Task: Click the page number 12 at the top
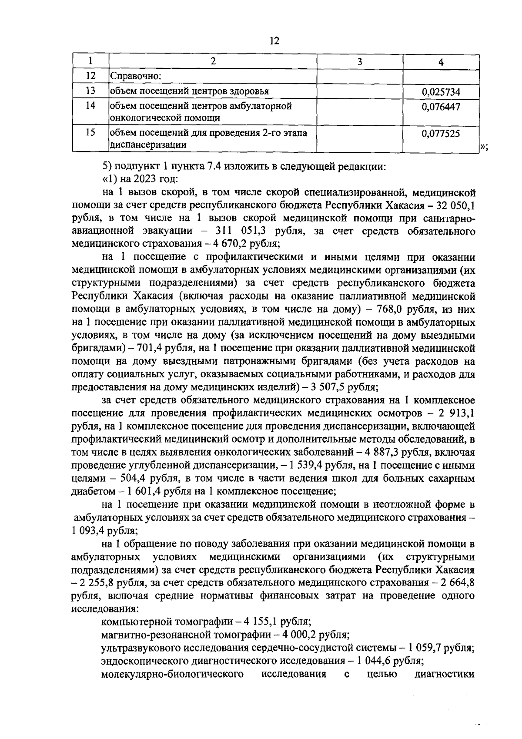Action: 274,41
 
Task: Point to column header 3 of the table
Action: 359,61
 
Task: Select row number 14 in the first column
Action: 90,106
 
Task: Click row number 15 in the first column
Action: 90,133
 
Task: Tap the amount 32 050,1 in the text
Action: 455,205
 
